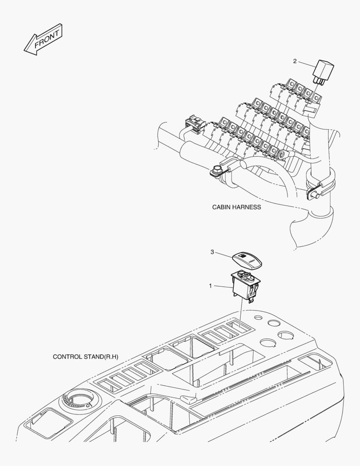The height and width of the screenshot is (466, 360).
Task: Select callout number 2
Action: pos(295,61)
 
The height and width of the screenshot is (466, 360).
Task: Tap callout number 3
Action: pos(212,252)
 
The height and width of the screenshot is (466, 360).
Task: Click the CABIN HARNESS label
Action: pos(236,207)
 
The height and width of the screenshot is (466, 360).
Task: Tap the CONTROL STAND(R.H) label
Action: pos(85,357)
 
